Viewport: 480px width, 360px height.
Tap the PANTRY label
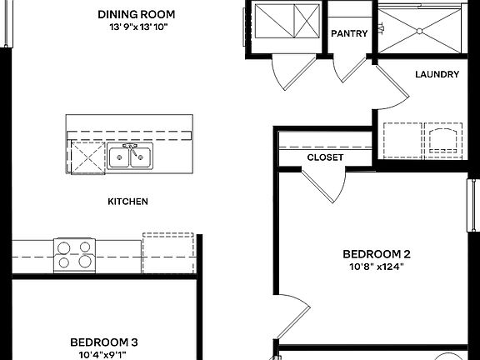pos(349,33)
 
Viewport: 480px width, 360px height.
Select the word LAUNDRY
pos(437,74)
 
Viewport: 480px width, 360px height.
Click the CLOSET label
pos(325,157)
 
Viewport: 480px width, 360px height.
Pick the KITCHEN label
pos(128,202)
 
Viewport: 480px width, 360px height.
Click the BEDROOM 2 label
pos(377,254)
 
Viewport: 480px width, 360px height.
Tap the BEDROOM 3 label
pos(104,342)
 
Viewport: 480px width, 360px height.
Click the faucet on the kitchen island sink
pos(130,149)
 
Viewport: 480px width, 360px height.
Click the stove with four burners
pos(74,255)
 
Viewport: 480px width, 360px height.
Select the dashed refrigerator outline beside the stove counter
pos(168,252)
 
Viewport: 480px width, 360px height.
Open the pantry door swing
pos(345,72)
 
